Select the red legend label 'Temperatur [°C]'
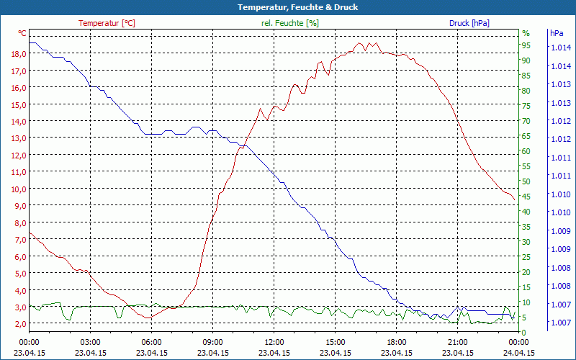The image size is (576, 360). [107, 23]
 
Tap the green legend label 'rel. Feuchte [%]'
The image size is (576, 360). [289, 23]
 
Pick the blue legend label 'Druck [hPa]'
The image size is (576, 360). [469, 23]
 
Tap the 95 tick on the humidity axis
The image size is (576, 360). [526, 45]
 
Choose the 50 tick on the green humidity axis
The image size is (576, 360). [526, 181]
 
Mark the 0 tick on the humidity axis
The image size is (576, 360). [524, 332]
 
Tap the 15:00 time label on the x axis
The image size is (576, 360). [335, 342]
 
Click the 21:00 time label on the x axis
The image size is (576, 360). [457, 342]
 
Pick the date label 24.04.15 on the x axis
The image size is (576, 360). [518, 353]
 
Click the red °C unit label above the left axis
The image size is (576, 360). [22, 33]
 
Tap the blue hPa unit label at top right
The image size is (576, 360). [557, 33]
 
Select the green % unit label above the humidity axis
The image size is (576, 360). [526, 33]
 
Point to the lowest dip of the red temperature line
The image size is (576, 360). [148, 318]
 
